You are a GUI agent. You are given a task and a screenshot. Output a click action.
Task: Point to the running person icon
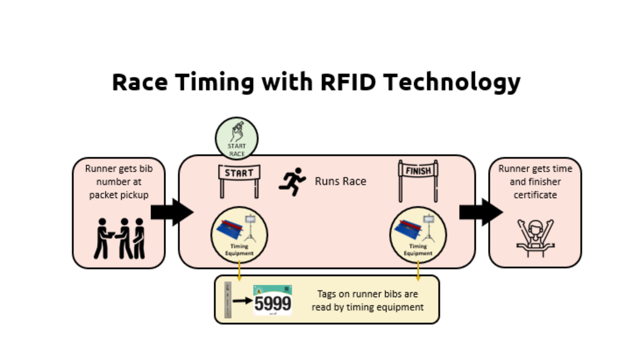pos(292,181)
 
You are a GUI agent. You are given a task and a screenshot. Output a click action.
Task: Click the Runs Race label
pos(340,181)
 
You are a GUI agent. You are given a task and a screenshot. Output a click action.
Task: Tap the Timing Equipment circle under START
pos(239,235)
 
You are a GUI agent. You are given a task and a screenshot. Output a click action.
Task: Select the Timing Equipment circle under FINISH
pos(418,235)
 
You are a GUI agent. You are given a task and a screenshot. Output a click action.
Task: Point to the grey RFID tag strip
pos(228,300)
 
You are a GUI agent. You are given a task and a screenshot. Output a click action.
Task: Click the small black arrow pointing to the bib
pos(242,301)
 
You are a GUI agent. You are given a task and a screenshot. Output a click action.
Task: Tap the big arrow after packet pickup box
pos(172,212)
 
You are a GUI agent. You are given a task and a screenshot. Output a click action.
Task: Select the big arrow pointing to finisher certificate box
pos(481,212)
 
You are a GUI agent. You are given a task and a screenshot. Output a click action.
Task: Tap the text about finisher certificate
pos(535,182)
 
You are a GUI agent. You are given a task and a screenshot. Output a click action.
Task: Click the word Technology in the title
pos(452,82)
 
